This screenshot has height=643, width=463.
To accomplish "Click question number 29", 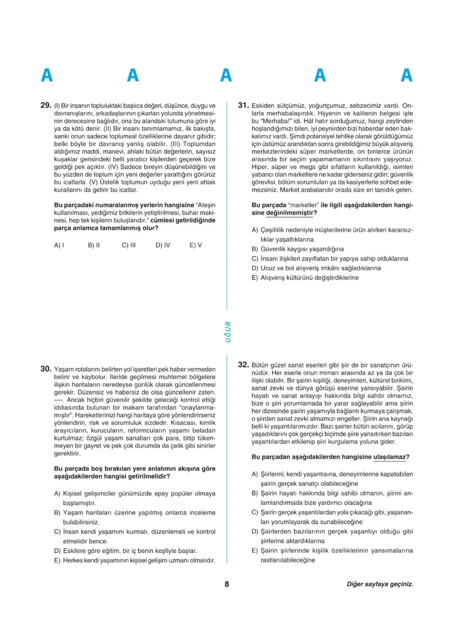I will (x=45, y=105).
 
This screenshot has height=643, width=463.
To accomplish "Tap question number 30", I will (x=45, y=369).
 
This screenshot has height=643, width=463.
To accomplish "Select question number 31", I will (x=244, y=105).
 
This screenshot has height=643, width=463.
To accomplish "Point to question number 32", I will (x=244, y=364).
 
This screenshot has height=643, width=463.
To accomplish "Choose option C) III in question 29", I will (x=129, y=245).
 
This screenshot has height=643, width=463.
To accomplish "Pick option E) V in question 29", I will (x=196, y=245).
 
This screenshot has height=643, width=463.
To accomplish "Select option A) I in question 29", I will (x=59, y=245).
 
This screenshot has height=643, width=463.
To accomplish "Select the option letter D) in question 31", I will (x=255, y=268).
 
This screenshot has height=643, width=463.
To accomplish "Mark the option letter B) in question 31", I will (x=255, y=249).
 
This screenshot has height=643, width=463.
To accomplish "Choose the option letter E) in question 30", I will (x=57, y=560).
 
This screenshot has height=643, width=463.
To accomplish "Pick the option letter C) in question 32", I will (x=255, y=512).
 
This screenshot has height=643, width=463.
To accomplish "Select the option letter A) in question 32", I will (x=255, y=474).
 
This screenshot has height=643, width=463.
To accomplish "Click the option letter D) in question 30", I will (x=57, y=551).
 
